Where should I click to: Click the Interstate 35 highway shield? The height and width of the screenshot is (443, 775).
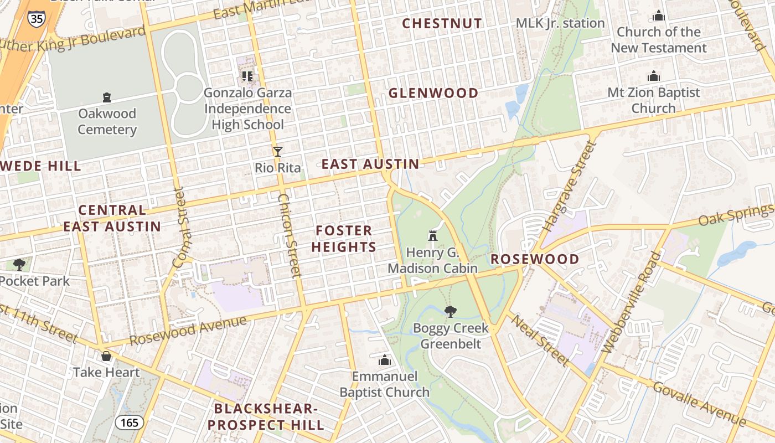pyautogui.click(x=36, y=18)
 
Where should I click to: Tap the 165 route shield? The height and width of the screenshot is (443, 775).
pyautogui.click(x=130, y=423)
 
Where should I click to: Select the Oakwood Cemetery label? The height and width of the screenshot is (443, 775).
pyautogui.click(x=107, y=121)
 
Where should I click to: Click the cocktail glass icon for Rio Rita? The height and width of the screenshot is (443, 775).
pyautogui.click(x=278, y=151)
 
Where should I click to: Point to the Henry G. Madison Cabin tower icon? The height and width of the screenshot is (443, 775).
pyautogui.click(x=433, y=236)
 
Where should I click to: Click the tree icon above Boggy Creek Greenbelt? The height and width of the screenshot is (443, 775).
pyautogui.click(x=451, y=311)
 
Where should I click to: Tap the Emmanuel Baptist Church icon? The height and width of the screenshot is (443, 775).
pyautogui.click(x=385, y=360)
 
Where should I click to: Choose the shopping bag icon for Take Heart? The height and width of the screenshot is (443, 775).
pyautogui.click(x=106, y=356)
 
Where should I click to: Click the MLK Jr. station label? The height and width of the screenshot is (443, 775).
pyautogui.click(x=560, y=23)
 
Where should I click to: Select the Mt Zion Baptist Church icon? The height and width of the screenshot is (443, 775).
pyautogui.click(x=654, y=76)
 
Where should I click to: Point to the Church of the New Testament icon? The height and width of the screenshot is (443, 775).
pyautogui.click(x=658, y=16)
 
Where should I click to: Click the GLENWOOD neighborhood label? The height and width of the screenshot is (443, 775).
pyautogui.click(x=433, y=93)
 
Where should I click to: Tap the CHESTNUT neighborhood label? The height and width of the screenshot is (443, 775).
pyautogui.click(x=442, y=23)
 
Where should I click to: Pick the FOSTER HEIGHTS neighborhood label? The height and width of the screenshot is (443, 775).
pyautogui.click(x=344, y=239)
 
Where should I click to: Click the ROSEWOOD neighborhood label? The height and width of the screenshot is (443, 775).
pyautogui.click(x=535, y=259)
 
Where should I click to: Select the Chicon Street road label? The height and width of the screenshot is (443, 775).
pyautogui.click(x=289, y=235)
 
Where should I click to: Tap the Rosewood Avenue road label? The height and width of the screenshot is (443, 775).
pyautogui.click(x=188, y=330)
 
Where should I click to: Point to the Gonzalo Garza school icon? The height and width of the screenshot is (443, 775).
pyautogui.click(x=247, y=76)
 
